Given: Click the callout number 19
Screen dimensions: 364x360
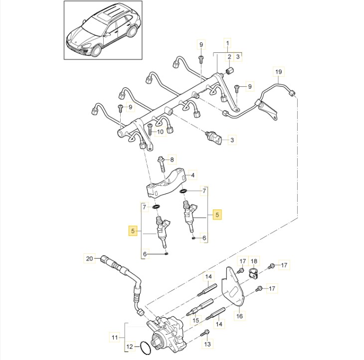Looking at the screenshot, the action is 278,71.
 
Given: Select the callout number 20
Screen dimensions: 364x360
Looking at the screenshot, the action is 89,259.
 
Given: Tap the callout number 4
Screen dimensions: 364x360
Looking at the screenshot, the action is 192,175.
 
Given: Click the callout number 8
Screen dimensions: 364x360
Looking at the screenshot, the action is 172,160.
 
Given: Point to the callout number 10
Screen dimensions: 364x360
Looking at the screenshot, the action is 160,132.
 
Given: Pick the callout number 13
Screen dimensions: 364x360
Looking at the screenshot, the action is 207,344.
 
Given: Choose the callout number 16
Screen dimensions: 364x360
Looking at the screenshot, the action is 239,316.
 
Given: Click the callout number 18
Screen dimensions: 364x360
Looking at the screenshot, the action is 254,261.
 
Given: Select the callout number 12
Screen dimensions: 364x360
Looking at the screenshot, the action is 130,347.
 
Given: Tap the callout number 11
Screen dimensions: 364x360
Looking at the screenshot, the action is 115,337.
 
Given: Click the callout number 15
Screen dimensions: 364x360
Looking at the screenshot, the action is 196,320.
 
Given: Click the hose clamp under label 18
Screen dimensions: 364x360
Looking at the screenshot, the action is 254,273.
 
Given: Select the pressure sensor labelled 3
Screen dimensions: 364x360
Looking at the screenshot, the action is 213,138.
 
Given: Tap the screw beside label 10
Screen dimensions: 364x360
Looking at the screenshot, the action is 150,130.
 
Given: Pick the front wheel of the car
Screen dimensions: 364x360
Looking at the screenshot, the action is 96,50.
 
